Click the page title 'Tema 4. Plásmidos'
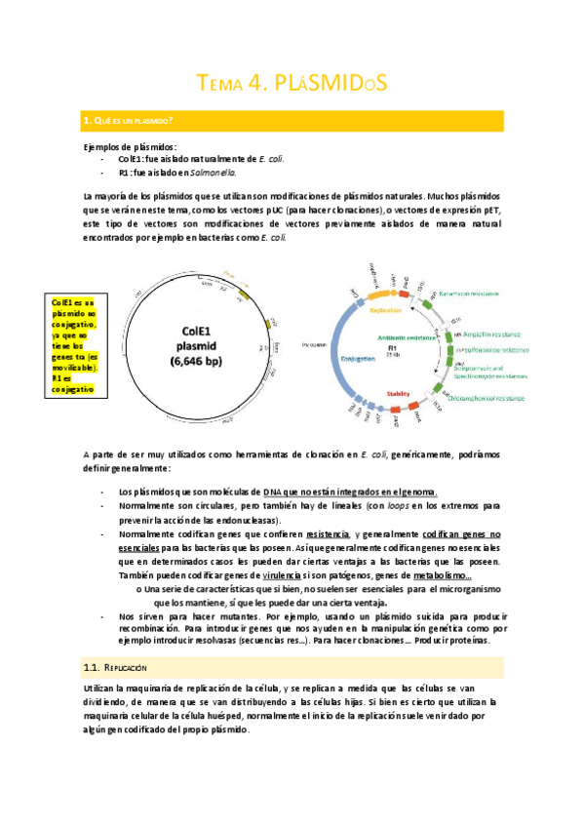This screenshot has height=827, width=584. coord(292,84)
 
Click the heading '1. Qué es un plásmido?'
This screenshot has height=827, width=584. coord(131,121)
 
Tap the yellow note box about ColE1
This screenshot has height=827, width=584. coord(73,345)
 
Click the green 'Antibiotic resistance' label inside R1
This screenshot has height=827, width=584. coord(402,336)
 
